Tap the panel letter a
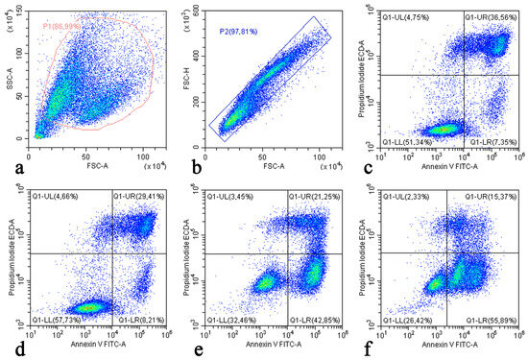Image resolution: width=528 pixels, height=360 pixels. pyautogui.click(x=12, y=166)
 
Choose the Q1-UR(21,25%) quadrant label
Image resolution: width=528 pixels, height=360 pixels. pyautogui.click(x=314, y=197)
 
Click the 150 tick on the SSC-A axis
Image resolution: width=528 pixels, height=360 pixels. pyautogui.click(x=18, y=12)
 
